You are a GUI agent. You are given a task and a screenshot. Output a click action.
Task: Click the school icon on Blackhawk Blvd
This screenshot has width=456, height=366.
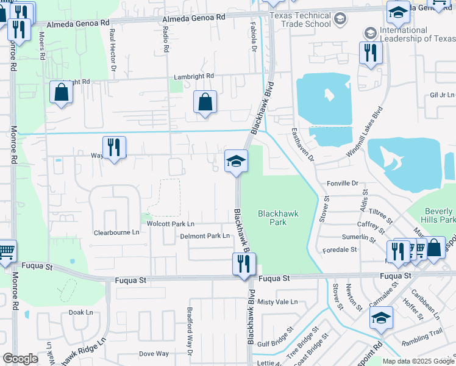click(x=237, y=162)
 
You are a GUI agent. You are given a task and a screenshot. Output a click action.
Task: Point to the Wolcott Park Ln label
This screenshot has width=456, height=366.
click(x=170, y=224)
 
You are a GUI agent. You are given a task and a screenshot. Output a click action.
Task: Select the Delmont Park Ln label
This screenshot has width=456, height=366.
click(x=205, y=235)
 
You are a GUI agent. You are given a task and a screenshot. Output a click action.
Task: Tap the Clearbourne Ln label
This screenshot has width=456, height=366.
click(x=116, y=232)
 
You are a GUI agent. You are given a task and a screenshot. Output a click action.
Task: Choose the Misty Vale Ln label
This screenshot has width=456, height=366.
click(x=277, y=302)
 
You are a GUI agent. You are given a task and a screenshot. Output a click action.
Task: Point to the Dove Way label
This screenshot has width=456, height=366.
click(x=154, y=353)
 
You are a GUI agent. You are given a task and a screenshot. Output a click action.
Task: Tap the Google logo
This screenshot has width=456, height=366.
click(x=21, y=359)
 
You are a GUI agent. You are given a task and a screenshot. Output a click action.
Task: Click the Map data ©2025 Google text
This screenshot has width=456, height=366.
click(x=418, y=361)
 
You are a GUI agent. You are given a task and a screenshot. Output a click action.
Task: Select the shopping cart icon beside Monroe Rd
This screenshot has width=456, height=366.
click(x=5, y=251)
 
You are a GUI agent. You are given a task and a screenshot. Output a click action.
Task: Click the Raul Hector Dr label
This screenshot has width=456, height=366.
click(x=113, y=46)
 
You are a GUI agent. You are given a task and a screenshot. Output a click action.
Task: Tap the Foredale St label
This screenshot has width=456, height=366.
click(x=340, y=249)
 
